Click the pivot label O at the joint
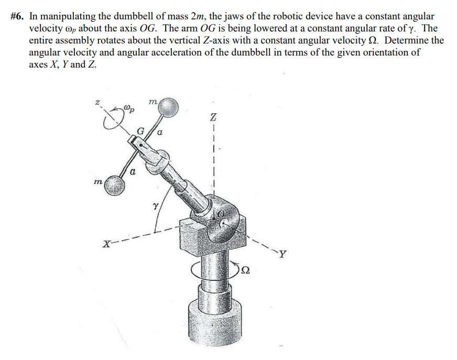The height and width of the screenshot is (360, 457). coord(222,213)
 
